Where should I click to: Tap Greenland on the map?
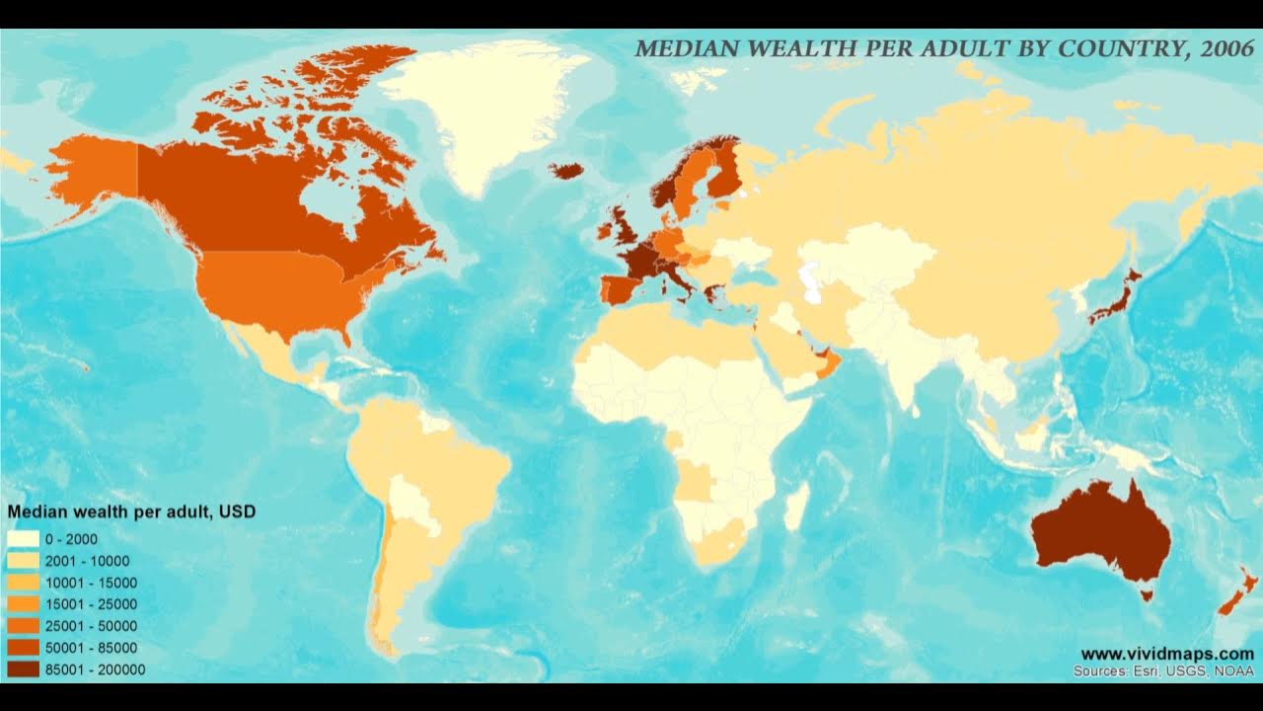tap(474, 109)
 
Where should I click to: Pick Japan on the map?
tap(1115, 296)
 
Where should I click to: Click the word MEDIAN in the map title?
tap(681, 48)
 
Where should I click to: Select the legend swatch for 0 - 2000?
tap(24, 539)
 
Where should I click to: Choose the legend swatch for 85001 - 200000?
tap(24, 670)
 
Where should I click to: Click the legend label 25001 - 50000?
tap(92, 626)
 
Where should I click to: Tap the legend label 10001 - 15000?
tap(92, 583)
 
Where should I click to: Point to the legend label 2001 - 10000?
tap(88, 561)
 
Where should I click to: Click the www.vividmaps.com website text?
tap(1167, 654)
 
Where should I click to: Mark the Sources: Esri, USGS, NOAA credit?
tap(1163, 671)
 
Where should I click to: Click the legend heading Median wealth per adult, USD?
tap(131, 512)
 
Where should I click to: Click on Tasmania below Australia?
tap(1146, 594)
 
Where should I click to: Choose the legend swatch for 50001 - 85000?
tap(24, 648)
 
